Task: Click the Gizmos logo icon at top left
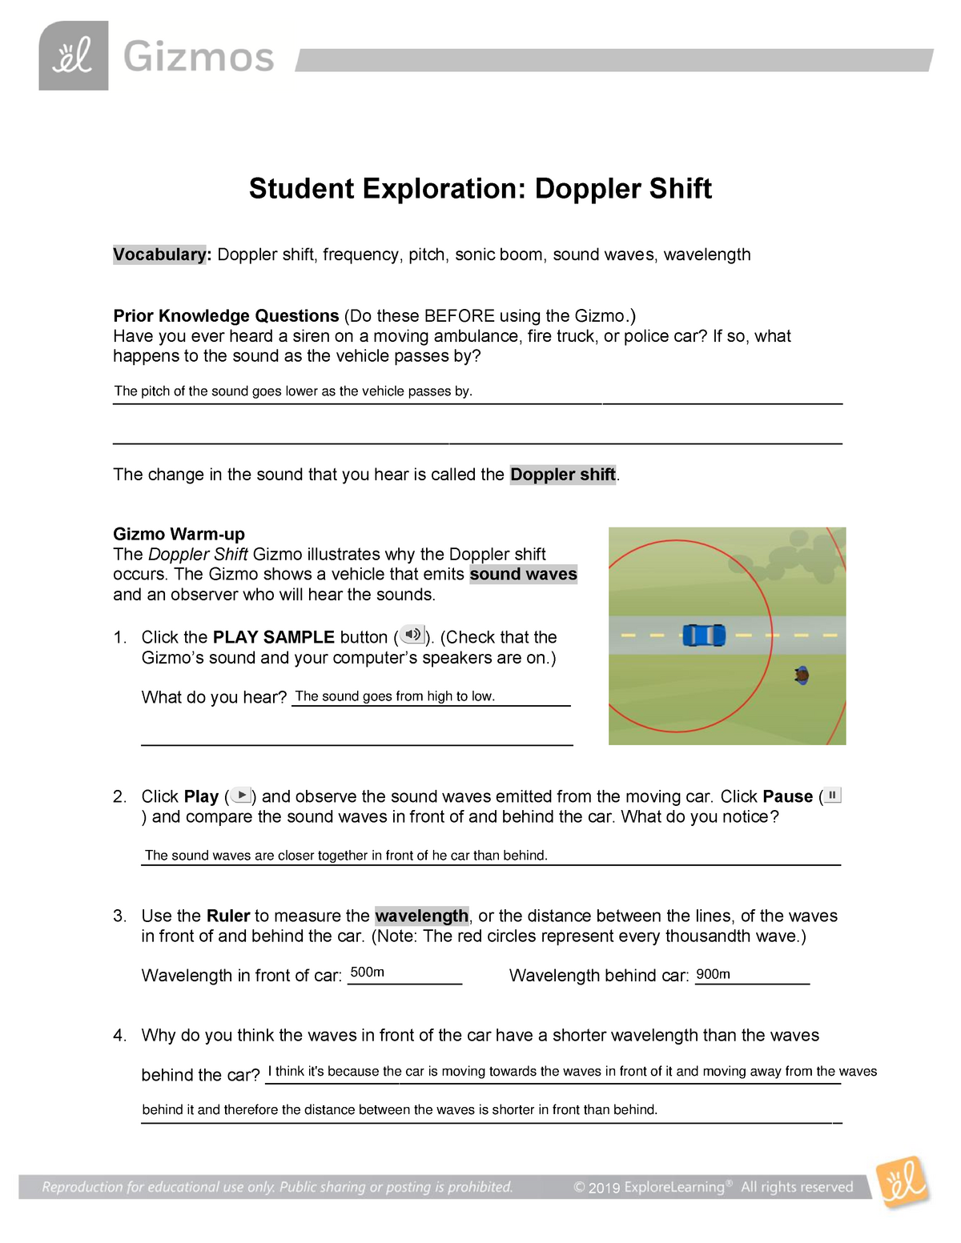[x=73, y=56]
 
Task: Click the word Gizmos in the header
[x=199, y=58]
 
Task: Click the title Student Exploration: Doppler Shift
[x=480, y=189]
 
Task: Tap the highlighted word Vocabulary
[x=160, y=255]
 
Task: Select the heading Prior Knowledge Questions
[x=226, y=316]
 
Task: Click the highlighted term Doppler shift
[x=562, y=475]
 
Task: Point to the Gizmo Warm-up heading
[x=179, y=534]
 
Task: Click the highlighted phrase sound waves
[x=523, y=575]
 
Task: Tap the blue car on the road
[x=704, y=636]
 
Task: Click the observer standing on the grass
[x=802, y=676]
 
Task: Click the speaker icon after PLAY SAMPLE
[x=412, y=636]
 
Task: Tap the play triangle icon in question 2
[x=241, y=796]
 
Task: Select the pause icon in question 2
[x=832, y=795]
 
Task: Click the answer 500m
[x=367, y=972]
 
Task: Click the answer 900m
[x=713, y=974]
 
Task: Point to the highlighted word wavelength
[x=421, y=916]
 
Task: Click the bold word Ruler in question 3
[x=228, y=916]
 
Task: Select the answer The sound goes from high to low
[x=395, y=696]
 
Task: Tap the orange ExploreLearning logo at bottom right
[x=903, y=1181]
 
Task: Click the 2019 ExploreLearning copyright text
[x=713, y=1187]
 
